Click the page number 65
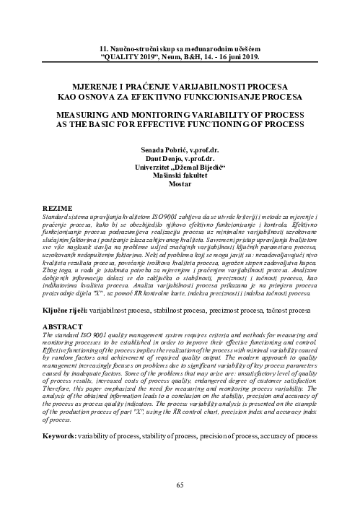coord(180,485)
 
